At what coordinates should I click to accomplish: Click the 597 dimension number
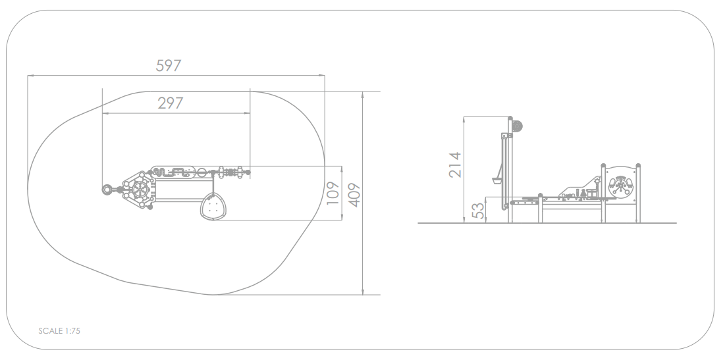tap(169, 66)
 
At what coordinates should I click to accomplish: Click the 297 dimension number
tap(170, 103)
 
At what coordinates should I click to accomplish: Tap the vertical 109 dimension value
tap(333, 193)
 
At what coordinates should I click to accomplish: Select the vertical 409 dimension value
tap(354, 195)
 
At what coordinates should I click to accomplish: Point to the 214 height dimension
tap(455, 165)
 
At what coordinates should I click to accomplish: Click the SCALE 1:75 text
tap(59, 331)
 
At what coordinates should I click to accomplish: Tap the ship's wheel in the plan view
tap(139, 190)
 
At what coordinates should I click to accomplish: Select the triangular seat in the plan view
tap(213, 206)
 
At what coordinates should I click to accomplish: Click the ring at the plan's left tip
tap(107, 190)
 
